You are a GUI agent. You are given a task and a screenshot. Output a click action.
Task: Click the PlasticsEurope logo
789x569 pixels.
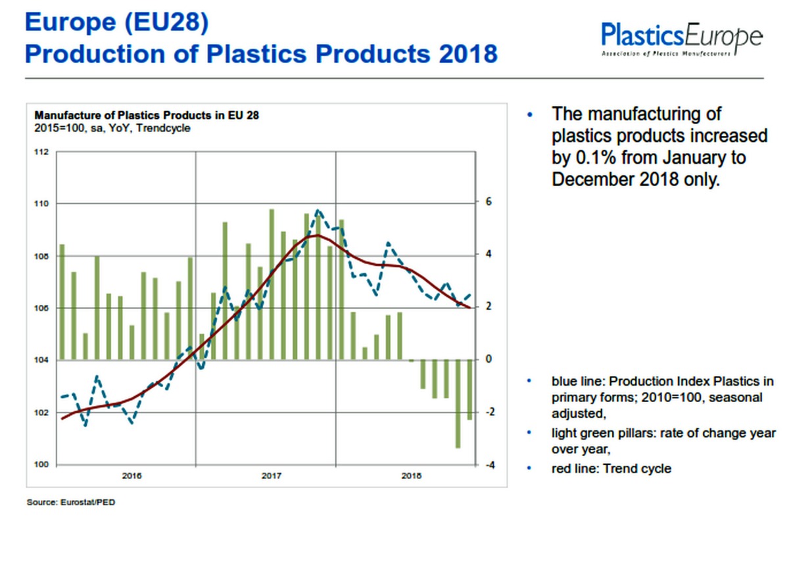pyautogui.click(x=682, y=38)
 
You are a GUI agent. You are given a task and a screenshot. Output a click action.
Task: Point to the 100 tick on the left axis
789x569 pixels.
pyautogui.click(x=41, y=465)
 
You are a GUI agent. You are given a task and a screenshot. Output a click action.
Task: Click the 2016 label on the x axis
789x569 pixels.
pyautogui.click(x=132, y=475)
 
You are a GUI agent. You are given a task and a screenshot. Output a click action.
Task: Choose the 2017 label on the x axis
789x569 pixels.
pyautogui.click(x=272, y=475)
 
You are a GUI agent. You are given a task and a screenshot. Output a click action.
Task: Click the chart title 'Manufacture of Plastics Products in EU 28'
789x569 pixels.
pyautogui.click(x=147, y=116)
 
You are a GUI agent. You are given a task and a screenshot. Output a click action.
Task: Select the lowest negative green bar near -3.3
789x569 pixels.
pyautogui.click(x=458, y=403)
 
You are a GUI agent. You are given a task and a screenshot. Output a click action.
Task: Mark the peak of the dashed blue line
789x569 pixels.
pyautogui.click(x=318, y=211)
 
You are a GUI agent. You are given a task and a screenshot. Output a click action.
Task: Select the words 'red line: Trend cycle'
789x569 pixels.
pyautogui.click(x=611, y=468)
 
